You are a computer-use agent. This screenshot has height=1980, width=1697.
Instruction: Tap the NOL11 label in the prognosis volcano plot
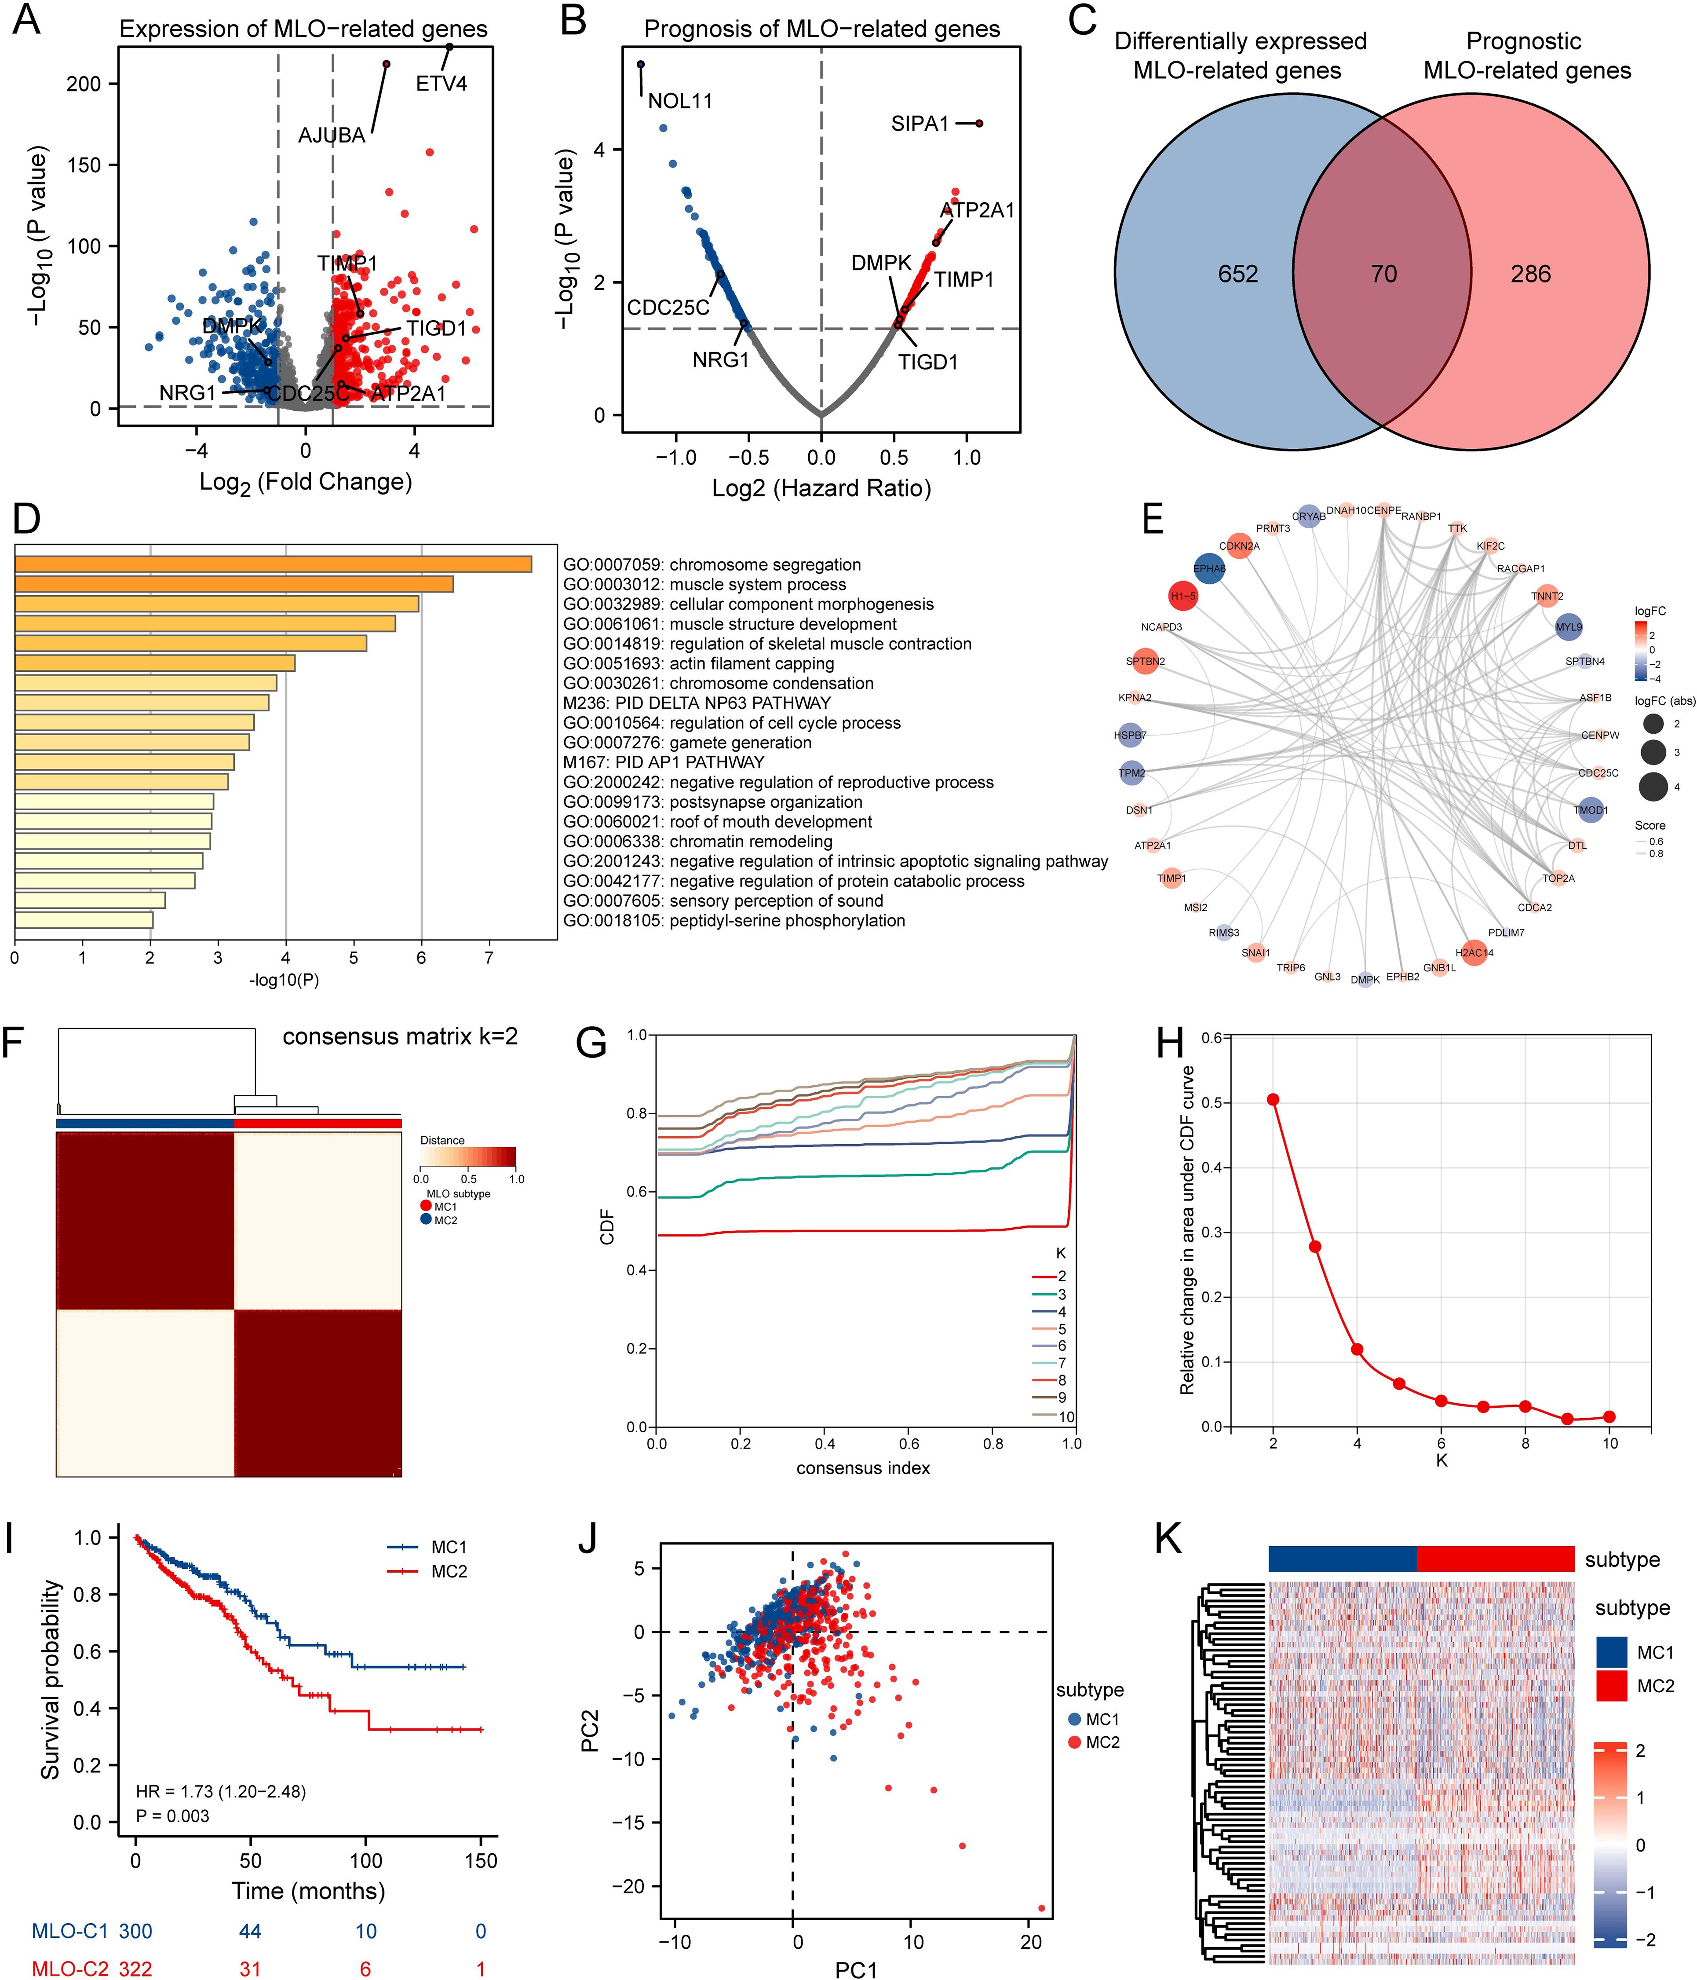680,101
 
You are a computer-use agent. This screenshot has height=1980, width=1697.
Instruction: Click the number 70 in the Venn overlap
1383,274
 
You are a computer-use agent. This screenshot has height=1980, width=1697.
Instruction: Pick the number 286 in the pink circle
1531,274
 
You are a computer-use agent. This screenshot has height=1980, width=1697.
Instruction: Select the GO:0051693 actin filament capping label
698,663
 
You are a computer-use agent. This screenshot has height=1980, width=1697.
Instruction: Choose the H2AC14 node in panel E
1474,953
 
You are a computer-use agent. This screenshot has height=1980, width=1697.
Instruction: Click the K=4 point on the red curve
1357,1349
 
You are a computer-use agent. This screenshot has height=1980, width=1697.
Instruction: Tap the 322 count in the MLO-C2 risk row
136,1969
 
